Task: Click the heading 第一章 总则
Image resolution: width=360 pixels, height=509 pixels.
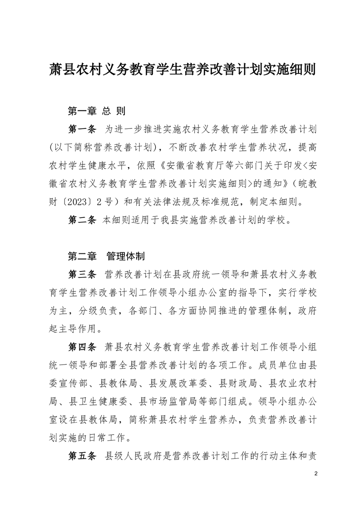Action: click(x=96, y=111)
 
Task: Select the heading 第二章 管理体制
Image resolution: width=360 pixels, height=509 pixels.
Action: click(x=106, y=257)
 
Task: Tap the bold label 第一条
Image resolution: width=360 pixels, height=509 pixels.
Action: click(x=82, y=129)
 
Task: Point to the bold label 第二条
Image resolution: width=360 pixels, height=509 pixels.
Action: click(x=82, y=220)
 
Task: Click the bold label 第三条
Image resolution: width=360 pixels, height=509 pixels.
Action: click(x=82, y=275)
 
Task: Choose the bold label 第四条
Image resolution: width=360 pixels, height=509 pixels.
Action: click(x=82, y=347)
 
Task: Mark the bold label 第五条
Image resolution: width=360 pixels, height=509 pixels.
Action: click(x=82, y=456)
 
